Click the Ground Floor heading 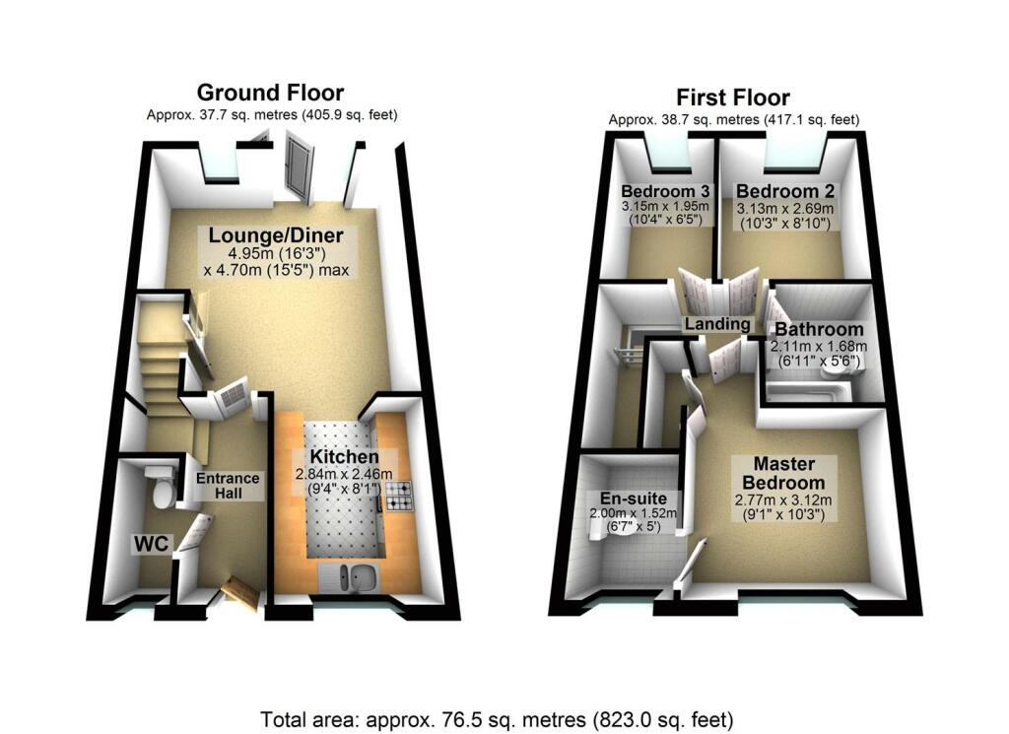pos(270,93)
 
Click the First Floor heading pos(732,98)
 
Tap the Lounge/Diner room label pos(275,235)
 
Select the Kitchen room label pos(344,457)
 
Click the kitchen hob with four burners pos(399,497)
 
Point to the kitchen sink pos(350,575)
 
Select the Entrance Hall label pos(228,486)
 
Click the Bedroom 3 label pos(665,190)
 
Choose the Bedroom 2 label pos(777,190)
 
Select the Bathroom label pos(818,329)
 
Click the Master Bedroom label pos(783,473)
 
